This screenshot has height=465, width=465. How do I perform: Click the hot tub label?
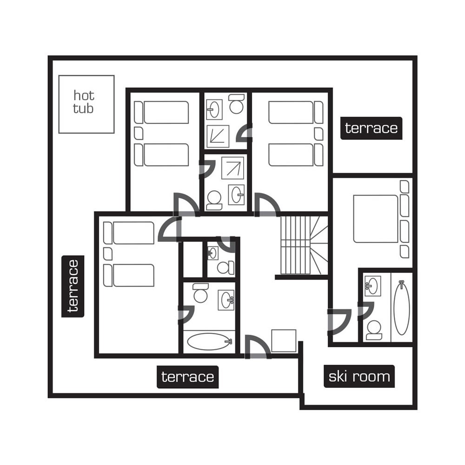point(84,102)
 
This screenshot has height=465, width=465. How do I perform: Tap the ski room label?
point(359,376)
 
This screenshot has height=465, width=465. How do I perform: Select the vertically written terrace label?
point(73,286)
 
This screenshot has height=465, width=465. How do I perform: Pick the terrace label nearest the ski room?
point(187,377)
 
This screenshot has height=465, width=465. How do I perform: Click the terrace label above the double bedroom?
point(371,128)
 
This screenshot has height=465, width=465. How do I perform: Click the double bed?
point(376,219)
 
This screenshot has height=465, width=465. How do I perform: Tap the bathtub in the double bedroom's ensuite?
point(401,306)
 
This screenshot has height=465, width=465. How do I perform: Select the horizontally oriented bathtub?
point(209,342)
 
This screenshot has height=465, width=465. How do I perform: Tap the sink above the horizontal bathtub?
point(226,299)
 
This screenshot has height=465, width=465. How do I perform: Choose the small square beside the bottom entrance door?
point(284,340)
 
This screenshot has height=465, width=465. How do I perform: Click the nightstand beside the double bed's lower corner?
point(405,252)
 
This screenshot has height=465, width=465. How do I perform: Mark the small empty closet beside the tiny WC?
point(193,259)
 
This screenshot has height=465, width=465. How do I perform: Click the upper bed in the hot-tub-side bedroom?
point(166,113)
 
